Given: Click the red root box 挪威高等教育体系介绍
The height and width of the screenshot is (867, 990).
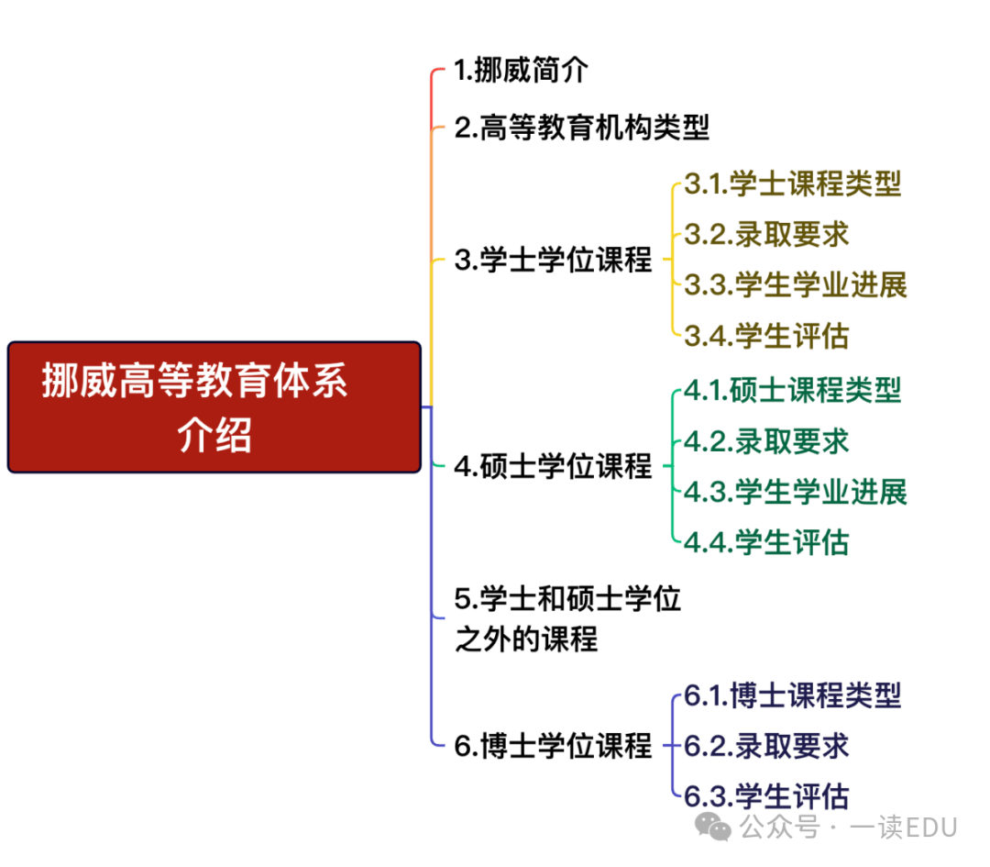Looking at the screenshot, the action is coord(214,407).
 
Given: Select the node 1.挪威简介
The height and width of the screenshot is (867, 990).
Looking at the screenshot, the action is coord(521,70).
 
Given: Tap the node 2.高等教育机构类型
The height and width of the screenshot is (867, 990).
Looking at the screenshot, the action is coord(581,128).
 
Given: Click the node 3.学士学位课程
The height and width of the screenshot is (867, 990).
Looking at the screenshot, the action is coord(553,260).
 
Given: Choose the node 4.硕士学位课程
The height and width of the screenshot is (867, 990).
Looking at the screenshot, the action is coord(553,466).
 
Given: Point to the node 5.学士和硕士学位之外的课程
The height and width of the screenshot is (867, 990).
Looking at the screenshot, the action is coord(567,618).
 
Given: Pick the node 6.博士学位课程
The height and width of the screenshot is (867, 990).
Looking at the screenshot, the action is coord(553,746).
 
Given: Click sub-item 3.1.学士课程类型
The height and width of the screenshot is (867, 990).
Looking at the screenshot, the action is coord(792,183).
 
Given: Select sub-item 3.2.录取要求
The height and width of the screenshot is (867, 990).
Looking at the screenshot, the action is coord(766,235).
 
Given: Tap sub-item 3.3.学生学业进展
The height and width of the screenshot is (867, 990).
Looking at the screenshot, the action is coord(796,285).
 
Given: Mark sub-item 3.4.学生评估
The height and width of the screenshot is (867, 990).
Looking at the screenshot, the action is coord(766,336).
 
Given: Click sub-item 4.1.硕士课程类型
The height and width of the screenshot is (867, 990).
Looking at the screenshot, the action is coord(792,391).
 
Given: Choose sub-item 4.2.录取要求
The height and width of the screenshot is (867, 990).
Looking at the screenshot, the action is coord(766,441).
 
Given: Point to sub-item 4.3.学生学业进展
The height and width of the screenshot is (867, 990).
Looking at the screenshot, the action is coord(796,492).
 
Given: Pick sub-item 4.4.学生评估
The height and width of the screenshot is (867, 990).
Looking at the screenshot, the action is coord(766,542).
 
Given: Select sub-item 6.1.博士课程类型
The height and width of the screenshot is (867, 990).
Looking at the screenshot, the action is coord(792,695).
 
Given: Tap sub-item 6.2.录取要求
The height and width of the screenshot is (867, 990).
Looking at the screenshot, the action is coord(766,746).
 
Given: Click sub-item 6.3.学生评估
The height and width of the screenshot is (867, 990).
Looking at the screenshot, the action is coord(766,796).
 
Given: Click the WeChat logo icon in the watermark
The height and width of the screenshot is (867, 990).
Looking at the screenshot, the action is coord(713,828).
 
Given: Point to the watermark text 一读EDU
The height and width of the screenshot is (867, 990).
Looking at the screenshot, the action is coord(904,828).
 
